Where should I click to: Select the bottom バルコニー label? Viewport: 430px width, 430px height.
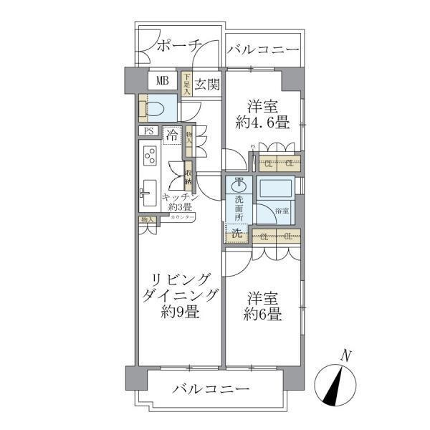211,389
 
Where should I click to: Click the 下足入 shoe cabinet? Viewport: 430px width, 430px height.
186,84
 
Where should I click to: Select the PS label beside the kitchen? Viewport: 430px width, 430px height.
149,132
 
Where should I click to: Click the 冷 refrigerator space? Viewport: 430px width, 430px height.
172,134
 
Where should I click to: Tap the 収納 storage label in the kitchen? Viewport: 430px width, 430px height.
188,173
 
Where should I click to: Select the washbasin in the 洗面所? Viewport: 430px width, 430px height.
239,183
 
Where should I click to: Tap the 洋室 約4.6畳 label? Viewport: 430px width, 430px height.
264,113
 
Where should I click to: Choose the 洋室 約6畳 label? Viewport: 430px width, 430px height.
263,304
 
